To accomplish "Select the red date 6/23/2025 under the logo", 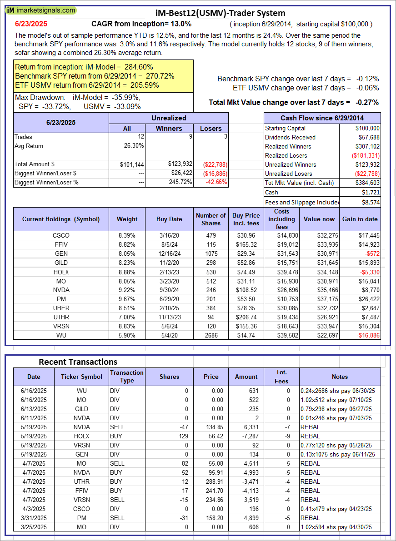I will click(30, 24).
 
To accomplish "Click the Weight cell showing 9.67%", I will click(127, 299).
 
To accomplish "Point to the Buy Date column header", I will click(169, 219).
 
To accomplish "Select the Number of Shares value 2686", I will click(211, 335).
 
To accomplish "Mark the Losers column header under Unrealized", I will click(211, 129).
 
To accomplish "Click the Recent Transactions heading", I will click(78, 362).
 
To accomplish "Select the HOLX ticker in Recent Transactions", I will click(82, 436).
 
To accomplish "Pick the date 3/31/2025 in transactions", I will click(34, 518).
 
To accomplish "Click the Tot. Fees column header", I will click(281, 377).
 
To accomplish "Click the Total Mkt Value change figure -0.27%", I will click(367, 103).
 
